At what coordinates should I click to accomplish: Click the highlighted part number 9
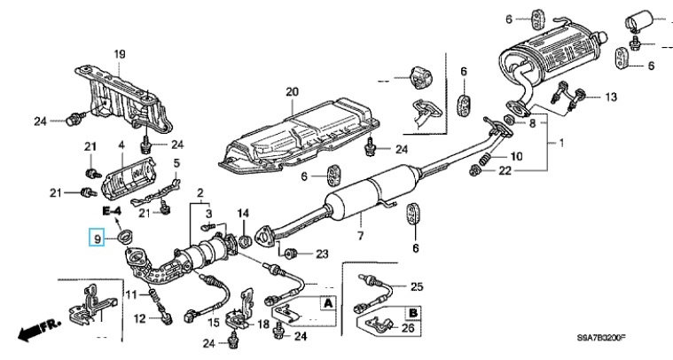98,237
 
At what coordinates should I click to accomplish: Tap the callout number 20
293,91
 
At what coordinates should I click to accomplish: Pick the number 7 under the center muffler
361,236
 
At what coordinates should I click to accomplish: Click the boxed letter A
328,303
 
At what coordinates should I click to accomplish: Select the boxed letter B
412,311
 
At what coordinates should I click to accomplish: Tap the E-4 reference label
110,212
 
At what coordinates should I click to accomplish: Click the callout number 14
245,213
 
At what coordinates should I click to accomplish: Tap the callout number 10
518,156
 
